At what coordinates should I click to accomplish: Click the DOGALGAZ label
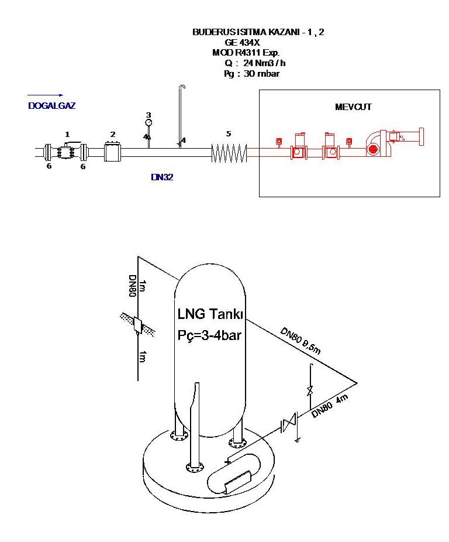coord(52,106)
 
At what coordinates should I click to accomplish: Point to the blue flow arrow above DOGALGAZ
coord(45,95)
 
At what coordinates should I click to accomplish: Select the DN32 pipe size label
coord(162,177)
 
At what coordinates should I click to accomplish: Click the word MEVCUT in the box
coord(353,107)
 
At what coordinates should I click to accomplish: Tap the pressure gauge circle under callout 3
coord(148,122)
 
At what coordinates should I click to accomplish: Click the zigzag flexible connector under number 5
coord(229,153)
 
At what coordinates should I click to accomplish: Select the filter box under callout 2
coord(113,152)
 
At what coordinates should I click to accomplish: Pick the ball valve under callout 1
coord(66,152)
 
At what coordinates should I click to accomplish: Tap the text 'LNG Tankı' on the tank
coord(210,314)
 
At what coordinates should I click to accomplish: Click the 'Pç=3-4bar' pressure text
coord(209,335)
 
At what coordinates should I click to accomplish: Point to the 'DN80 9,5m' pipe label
coord(300,341)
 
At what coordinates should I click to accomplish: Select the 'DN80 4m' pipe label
coord(330,406)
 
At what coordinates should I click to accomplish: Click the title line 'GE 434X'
coord(242,43)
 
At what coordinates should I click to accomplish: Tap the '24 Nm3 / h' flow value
coord(264,63)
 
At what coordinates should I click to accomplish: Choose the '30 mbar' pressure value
coord(261,73)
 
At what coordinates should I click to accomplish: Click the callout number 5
coord(228,134)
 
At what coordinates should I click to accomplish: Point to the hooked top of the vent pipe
coord(182,87)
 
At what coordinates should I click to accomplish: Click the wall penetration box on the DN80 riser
coord(138,325)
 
